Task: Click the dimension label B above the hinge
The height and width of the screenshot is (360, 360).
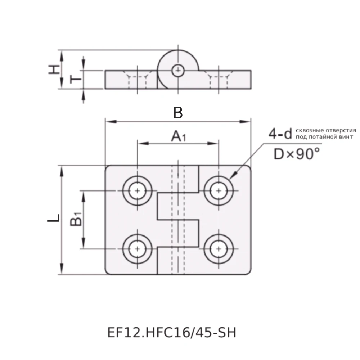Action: coord(178,113)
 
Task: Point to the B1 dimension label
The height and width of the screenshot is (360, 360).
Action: coord(76,220)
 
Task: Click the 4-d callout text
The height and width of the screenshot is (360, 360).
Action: coord(280,134)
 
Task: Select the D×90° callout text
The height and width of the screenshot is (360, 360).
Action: coord(296,154)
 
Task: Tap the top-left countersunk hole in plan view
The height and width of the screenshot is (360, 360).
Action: coord(137,190)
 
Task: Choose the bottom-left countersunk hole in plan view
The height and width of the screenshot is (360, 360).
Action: coord(137,248)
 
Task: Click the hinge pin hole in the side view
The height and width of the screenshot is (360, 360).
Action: coord(177,71)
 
